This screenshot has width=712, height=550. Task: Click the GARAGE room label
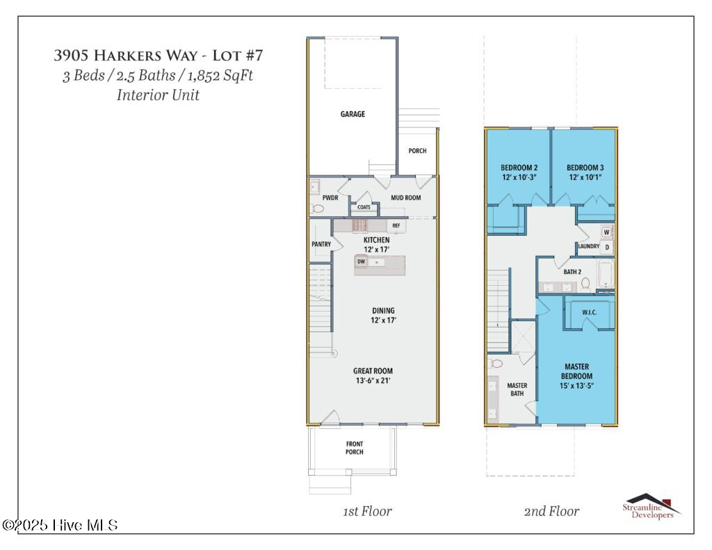[x=353, y=114]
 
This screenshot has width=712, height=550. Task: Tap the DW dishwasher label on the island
[x=361, y=261]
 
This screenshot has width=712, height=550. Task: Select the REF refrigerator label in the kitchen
[x=396, y=225]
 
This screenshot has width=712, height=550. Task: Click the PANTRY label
[x=321, y=244]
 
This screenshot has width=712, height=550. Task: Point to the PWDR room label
[x=330, y=198]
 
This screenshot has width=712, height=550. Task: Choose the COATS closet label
[x=364, y=207]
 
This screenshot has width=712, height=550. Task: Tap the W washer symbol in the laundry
[x=606, y=232]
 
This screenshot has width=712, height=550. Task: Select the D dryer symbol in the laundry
[x=606, y=247]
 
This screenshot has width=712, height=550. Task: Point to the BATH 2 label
[x=572, y=272]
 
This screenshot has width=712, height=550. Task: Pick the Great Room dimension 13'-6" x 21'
[x=373, y=380]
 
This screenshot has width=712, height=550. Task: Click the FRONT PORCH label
[x=355, y=448]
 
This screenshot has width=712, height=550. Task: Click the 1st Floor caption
[x=367, y=511]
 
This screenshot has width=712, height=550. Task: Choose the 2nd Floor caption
[x=551, y=511]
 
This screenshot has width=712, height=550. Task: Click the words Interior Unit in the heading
[x=158, y=95]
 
